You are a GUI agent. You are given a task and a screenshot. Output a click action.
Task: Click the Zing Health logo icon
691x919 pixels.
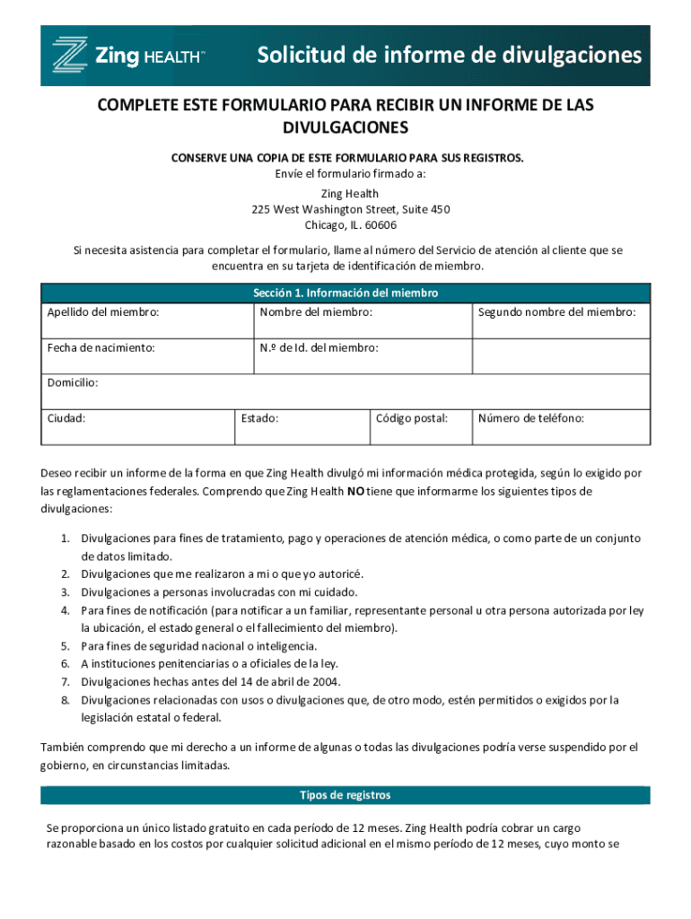click(70, 55)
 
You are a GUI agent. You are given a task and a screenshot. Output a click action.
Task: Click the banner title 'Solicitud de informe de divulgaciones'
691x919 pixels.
click(450, 56)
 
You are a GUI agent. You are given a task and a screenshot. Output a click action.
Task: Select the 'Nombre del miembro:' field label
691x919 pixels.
click(316, 312)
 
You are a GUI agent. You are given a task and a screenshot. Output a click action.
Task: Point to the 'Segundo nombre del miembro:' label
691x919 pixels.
click(556, 312)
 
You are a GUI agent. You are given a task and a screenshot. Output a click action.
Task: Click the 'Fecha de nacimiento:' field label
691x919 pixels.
click(101, 347)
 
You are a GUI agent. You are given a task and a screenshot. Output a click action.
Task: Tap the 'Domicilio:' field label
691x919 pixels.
click(73, 382)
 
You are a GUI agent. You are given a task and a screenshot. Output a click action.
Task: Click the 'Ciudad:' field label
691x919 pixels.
click(66, 418)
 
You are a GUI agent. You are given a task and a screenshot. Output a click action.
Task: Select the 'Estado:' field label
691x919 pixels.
click(259, 418)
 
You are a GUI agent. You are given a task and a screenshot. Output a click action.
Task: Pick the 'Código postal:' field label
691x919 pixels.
click(411, 418)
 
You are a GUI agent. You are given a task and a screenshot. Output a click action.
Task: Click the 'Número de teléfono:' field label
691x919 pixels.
click(531, 418)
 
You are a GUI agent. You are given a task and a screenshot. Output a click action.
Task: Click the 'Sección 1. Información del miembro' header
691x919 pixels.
click(345, 293)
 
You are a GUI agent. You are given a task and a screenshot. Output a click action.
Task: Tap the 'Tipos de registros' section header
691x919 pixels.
click(345, 795)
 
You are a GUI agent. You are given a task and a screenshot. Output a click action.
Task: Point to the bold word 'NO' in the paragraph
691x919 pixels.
click(356, 492)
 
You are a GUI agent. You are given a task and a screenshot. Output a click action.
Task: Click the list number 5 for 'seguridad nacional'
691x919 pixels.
click(65, 646)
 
